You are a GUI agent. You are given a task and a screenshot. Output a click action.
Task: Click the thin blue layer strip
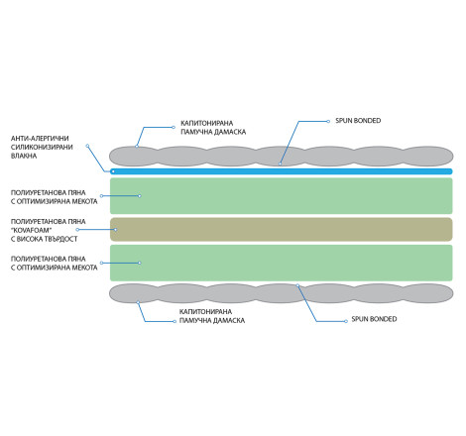pos(282,171)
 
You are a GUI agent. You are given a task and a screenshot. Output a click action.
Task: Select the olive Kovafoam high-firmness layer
pos(282,229)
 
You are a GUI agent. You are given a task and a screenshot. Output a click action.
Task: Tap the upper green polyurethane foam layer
pos(282,196)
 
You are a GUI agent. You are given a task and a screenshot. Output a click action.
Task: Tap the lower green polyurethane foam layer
pos(282,263)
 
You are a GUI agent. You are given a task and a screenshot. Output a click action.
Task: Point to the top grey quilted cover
pos(282,156)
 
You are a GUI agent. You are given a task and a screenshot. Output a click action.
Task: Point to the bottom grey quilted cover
pos(282,293)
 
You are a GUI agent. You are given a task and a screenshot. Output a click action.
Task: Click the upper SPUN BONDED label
pos(358,121)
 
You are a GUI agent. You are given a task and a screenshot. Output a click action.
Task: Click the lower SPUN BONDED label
pos(374,319)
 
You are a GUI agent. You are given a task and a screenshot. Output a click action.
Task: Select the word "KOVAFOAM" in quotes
pos(32,230)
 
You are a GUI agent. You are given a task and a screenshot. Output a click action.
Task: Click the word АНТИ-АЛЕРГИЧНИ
pos(40,139)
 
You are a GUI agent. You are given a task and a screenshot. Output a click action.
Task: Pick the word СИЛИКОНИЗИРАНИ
pos(42,147)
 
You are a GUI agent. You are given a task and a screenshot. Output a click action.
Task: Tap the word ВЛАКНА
pos(24,156)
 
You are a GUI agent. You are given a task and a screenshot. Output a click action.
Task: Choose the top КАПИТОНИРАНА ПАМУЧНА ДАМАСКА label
pos(213,128)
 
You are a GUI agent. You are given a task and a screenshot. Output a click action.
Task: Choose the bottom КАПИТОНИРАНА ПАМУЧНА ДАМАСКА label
pos(212,316)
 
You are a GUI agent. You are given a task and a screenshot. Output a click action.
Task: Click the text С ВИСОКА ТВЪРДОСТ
pos(45,239)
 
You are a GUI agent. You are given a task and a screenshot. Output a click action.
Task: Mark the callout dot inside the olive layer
pos(115,230)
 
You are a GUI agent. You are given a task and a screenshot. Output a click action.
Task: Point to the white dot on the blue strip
pos(113,171)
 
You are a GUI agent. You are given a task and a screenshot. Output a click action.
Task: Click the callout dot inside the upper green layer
pos(140,196)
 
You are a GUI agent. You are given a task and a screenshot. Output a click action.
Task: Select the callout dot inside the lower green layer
pos(140,263)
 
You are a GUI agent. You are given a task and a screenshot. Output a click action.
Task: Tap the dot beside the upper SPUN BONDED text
pos(328,121)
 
